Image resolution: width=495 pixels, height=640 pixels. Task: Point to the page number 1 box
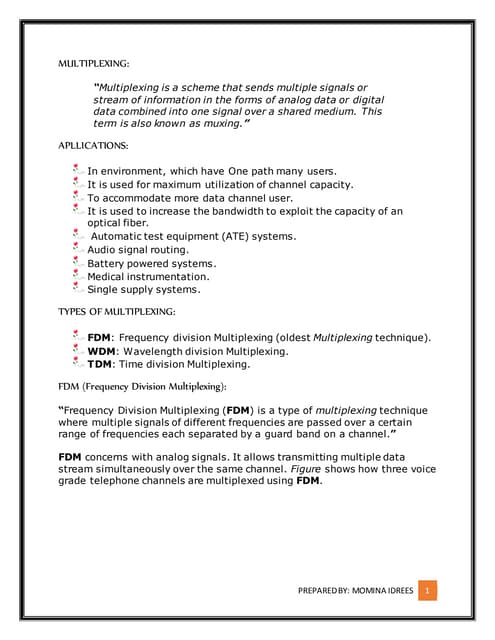[427, 592]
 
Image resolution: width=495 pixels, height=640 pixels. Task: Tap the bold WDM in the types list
[101, 351]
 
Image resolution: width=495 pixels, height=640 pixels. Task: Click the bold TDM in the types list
[100, 364]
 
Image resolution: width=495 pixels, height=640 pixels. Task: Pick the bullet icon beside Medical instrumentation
[79, 276]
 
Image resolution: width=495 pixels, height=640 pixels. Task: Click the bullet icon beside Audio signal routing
[79, 249]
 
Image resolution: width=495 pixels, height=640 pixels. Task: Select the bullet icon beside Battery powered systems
[79, 263]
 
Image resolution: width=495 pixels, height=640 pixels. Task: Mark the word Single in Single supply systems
[103, 289]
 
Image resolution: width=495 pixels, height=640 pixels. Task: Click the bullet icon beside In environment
[79, 171]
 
